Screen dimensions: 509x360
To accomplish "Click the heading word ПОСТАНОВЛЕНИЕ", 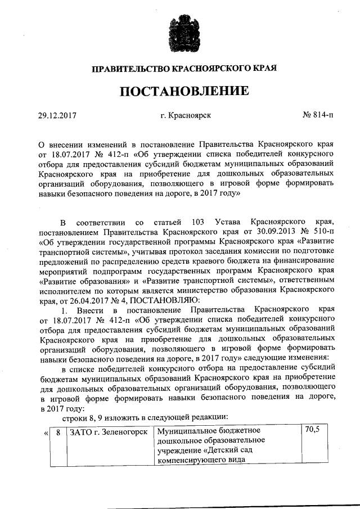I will point(180,91).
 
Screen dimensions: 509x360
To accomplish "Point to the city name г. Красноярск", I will point(185,116).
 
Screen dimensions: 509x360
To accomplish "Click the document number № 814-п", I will point(317,116).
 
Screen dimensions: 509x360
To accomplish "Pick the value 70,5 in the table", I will point(312,430).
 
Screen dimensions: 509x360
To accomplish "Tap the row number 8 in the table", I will point(58,432).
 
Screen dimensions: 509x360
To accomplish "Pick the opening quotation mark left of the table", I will point(44,432).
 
